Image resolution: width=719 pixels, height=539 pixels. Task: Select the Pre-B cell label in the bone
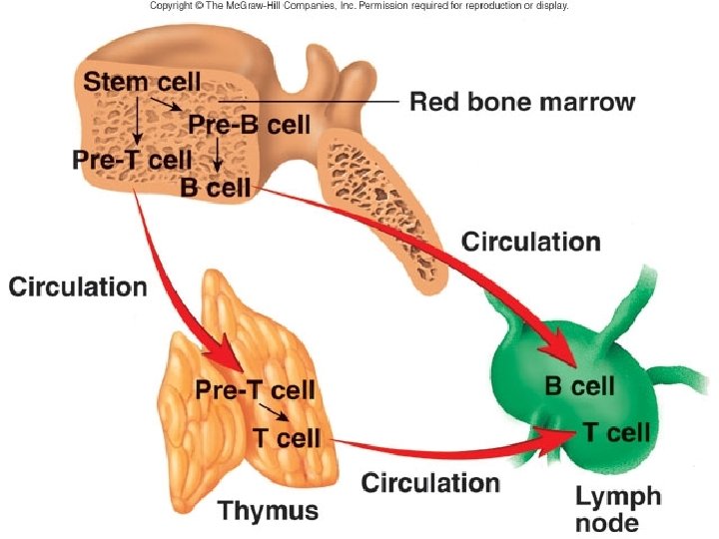(250, 125)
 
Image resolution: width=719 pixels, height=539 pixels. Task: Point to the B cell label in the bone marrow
(215, 187)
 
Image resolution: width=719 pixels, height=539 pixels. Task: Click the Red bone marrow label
(522, 102)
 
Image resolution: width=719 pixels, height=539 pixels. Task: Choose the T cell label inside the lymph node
(616, 432)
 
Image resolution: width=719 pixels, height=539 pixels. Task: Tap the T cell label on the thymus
(286, 437)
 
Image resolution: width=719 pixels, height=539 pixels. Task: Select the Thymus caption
(269, 512)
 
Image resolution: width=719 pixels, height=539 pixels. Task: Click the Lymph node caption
(618, 508)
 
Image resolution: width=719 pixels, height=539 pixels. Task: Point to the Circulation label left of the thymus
(78, 287)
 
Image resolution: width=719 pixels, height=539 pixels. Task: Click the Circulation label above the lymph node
(531, 242)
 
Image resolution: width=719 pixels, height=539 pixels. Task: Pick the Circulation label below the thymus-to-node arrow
(430, 484)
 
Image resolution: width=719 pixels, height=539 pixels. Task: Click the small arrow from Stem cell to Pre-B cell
(168, 103)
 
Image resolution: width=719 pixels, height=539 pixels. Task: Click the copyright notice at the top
(359, 6)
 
